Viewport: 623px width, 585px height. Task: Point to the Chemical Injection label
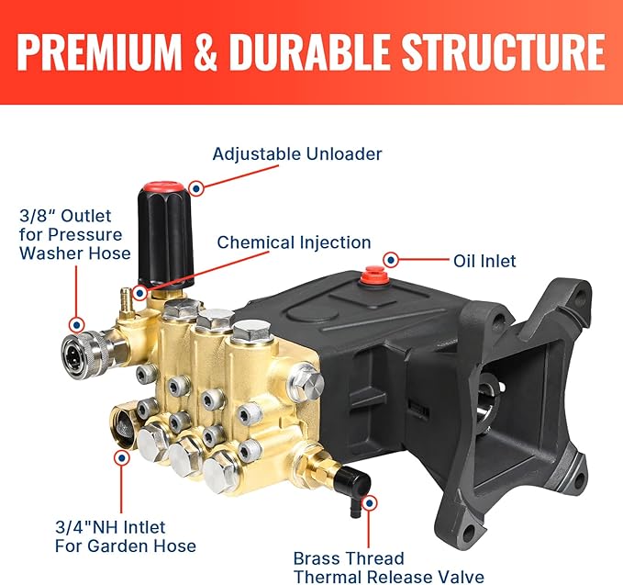[x=294, y=242]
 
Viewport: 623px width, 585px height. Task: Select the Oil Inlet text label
[x=484, y=261]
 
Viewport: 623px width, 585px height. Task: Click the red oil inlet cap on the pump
[x=373, y=275]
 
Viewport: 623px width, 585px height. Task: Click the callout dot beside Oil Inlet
[x=392, y=261]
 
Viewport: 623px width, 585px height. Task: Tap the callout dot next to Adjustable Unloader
[x=195, y=187]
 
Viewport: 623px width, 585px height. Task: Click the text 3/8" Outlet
[x=65, y=217]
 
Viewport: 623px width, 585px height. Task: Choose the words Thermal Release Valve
[x=388, y=577]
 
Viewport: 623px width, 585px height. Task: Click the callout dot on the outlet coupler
[x=77, y=324]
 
